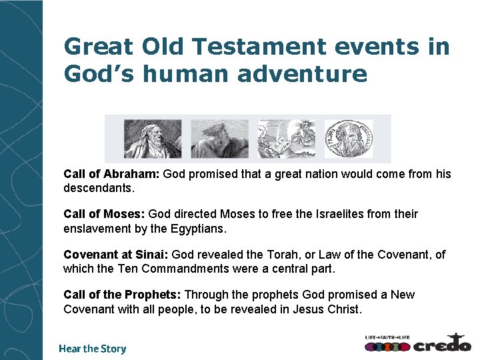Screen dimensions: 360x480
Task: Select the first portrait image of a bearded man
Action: [152, 138]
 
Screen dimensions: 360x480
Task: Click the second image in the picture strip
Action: [219, 138]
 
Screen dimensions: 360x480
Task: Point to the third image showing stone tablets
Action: [286, 138]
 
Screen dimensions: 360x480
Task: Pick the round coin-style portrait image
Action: [349, 138]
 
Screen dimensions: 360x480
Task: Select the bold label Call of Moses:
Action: [104, 214]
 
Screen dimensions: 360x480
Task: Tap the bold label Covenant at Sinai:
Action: [116, 255]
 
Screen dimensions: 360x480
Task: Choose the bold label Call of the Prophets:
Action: [122, 295]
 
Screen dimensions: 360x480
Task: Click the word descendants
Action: [99, 188]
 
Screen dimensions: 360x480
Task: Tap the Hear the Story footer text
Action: [92, 348]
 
